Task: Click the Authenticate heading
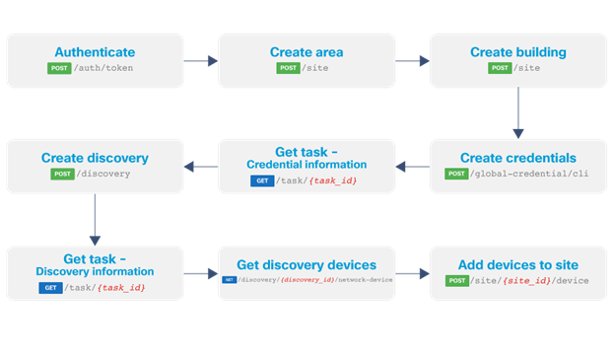point(95,52)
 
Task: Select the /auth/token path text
point(105,69)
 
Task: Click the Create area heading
point(306,52)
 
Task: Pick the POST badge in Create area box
point(289,69)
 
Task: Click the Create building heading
point(517,52)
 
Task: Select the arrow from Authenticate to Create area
point(200,61)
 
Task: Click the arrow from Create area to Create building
point(412,61)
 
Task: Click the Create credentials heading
point(517,158)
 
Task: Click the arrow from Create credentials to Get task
point(412,166)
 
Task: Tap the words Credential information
point(306,164)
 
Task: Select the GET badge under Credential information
point(263,180)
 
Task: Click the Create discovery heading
point(95,158)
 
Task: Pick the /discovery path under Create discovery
point(105,175)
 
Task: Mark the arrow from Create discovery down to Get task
point(95,218)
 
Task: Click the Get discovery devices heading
point(306,264)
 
